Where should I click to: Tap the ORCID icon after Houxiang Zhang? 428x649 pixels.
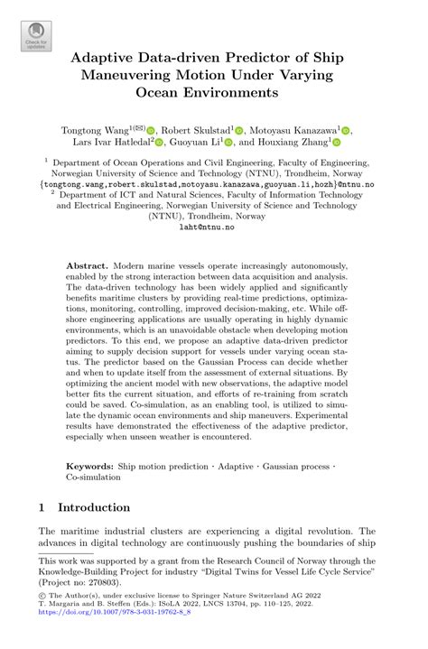click(x=337, y=143)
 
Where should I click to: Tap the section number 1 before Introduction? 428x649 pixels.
click(x=42, y=508)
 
